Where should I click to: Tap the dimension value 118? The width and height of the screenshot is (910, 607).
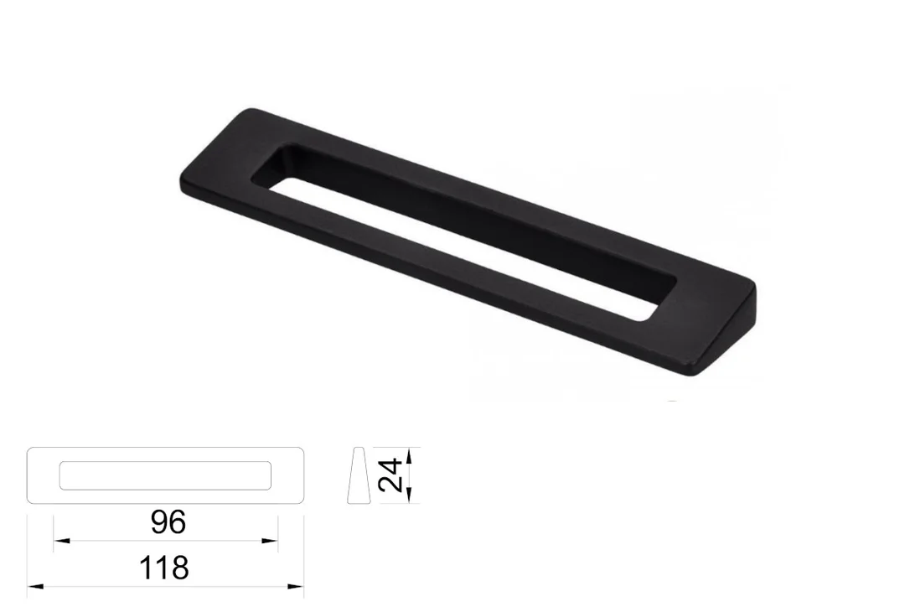point(164,568)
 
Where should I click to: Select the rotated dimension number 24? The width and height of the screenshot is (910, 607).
point(390,475)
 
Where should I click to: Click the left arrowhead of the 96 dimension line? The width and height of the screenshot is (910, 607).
point(61,541)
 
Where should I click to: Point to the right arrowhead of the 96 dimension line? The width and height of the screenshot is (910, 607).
point(270,541)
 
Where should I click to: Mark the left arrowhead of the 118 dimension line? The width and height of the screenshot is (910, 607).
point(35,587)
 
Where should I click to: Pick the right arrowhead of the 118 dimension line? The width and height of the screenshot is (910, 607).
point(296,587)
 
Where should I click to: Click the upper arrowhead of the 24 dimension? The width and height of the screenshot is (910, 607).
point(409,455)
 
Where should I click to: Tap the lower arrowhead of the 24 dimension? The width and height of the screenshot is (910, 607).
point(409,495)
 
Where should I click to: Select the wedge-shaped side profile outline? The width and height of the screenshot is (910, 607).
point(359,475)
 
